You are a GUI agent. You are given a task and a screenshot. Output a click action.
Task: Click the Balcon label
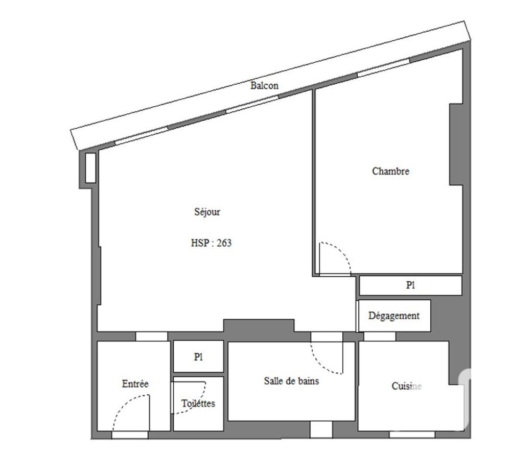(264, 85)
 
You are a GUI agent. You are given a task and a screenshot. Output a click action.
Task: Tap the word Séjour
(207, 212)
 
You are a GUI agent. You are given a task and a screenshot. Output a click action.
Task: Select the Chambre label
(390, 171)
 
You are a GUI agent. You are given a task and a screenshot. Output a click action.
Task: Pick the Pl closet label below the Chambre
(410, 285)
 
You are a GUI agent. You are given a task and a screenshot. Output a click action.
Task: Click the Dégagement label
(393, 316)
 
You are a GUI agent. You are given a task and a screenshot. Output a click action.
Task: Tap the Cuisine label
(406, 386)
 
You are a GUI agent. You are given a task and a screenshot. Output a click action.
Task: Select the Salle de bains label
(291, 380)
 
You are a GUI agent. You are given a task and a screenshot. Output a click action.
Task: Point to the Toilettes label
(198, 403)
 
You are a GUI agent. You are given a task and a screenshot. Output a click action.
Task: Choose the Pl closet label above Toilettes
(198, 357)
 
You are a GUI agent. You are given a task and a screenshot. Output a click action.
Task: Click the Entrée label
(135, 383)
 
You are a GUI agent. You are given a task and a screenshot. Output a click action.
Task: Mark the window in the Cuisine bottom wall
(412, 435)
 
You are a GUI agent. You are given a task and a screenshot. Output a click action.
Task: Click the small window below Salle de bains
(321, 429)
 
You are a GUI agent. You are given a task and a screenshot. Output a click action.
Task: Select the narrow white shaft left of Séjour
(90, 167)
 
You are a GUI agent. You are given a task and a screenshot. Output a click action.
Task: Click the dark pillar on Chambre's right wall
(456, 144)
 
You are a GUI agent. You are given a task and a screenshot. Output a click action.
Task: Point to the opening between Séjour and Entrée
(151, 336)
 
